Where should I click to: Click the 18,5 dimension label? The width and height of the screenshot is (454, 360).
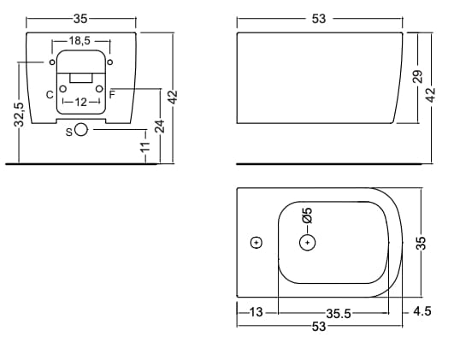[x=80, y=41]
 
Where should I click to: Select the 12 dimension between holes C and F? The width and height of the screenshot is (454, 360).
[x=80, y=102]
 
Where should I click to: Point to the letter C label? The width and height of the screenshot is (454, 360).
[x=50, y=95]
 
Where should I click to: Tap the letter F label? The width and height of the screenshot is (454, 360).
[x=112, y=94]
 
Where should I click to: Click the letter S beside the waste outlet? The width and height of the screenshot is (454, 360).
[x=69, y=132]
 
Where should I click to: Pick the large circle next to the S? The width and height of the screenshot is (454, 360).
[x=81, y=129]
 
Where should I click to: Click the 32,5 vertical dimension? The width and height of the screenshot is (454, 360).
[x=19, y=115]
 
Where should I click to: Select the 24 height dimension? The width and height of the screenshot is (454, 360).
[x=160, y=126]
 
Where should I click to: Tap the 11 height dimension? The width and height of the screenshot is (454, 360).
[x=145, y=146]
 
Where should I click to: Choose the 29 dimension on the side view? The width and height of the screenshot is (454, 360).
[x=417, y=76]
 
